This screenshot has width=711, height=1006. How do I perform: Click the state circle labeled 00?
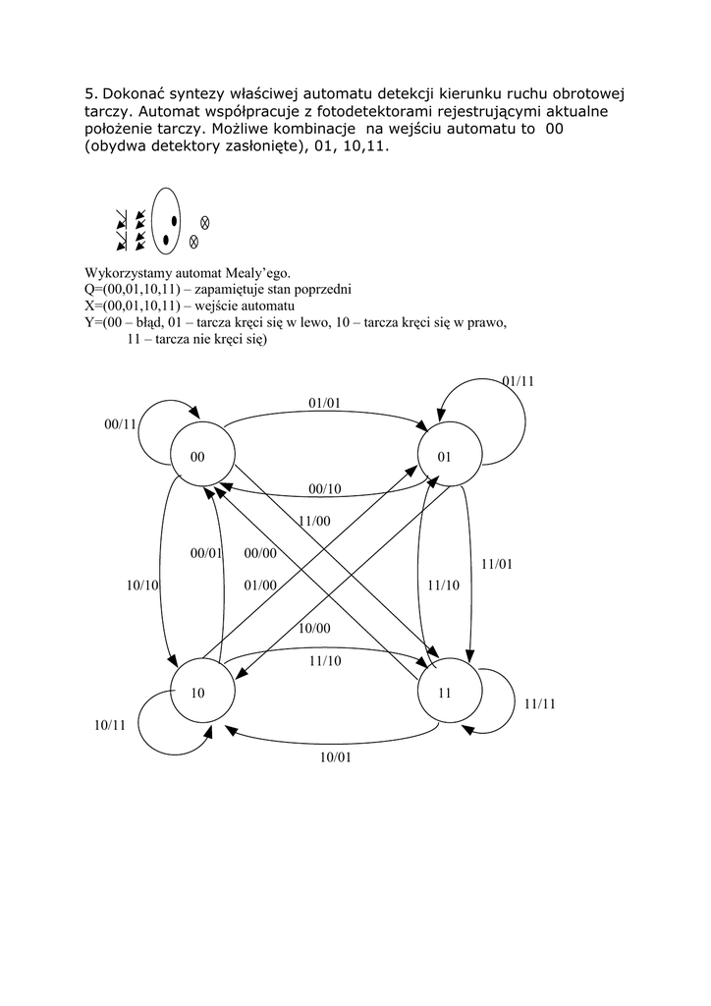tap(202, 457)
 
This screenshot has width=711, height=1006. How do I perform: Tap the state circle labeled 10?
tap(202, 693)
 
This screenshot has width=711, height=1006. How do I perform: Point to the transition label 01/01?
tap(324, 403)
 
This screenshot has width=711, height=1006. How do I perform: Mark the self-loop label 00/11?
tap(119, 424)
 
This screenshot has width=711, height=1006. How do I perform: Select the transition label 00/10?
tap(324, 489)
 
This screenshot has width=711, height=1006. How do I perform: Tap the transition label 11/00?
tap(314, 521)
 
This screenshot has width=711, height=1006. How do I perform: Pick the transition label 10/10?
tap(142, 585)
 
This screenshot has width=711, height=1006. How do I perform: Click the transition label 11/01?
tap(497, 564)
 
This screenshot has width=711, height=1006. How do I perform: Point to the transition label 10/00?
tap(314, 629)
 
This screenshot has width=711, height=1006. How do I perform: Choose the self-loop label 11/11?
tap(540, 703)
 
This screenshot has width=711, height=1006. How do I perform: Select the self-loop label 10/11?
tap(110, 725)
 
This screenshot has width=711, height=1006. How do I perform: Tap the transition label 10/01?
tap(335, 756)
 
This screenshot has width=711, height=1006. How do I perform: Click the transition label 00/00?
tap(260, 554)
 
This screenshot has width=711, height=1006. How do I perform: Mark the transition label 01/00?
tap(260, 586)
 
